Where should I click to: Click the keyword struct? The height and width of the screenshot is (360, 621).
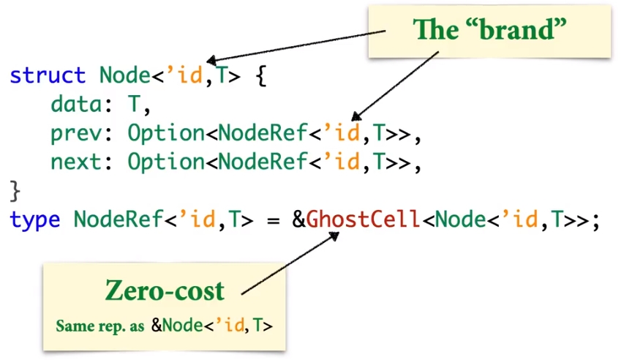(x=48, y=75)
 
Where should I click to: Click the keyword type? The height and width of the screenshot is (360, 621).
(x=35, y=220)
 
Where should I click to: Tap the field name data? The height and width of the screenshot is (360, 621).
(x=75, y=104)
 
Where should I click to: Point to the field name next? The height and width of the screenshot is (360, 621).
(x=75, y=162)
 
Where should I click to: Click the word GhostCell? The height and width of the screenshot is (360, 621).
(x=363, y=219)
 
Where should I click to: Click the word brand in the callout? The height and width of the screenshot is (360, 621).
(x=517, y=29)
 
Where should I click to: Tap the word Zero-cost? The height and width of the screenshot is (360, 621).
(x=165, y=290)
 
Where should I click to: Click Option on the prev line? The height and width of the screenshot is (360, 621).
(x=166, y=133)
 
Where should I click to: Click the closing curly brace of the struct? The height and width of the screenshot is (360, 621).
(x=15, y=191)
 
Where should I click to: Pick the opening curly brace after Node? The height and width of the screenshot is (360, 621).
(x=261, y=75)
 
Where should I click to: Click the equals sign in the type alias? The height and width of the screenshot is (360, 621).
(x=274, y=220)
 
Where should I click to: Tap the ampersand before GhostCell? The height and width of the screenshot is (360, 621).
(x=299, y=219)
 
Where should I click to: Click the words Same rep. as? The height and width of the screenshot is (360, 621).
(x=100, y=326)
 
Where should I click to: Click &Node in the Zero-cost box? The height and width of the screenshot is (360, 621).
(x=177, y=326)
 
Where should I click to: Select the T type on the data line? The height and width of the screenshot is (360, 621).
(x=134, y=104)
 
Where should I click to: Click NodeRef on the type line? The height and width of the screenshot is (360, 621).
(x=118, y=219)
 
